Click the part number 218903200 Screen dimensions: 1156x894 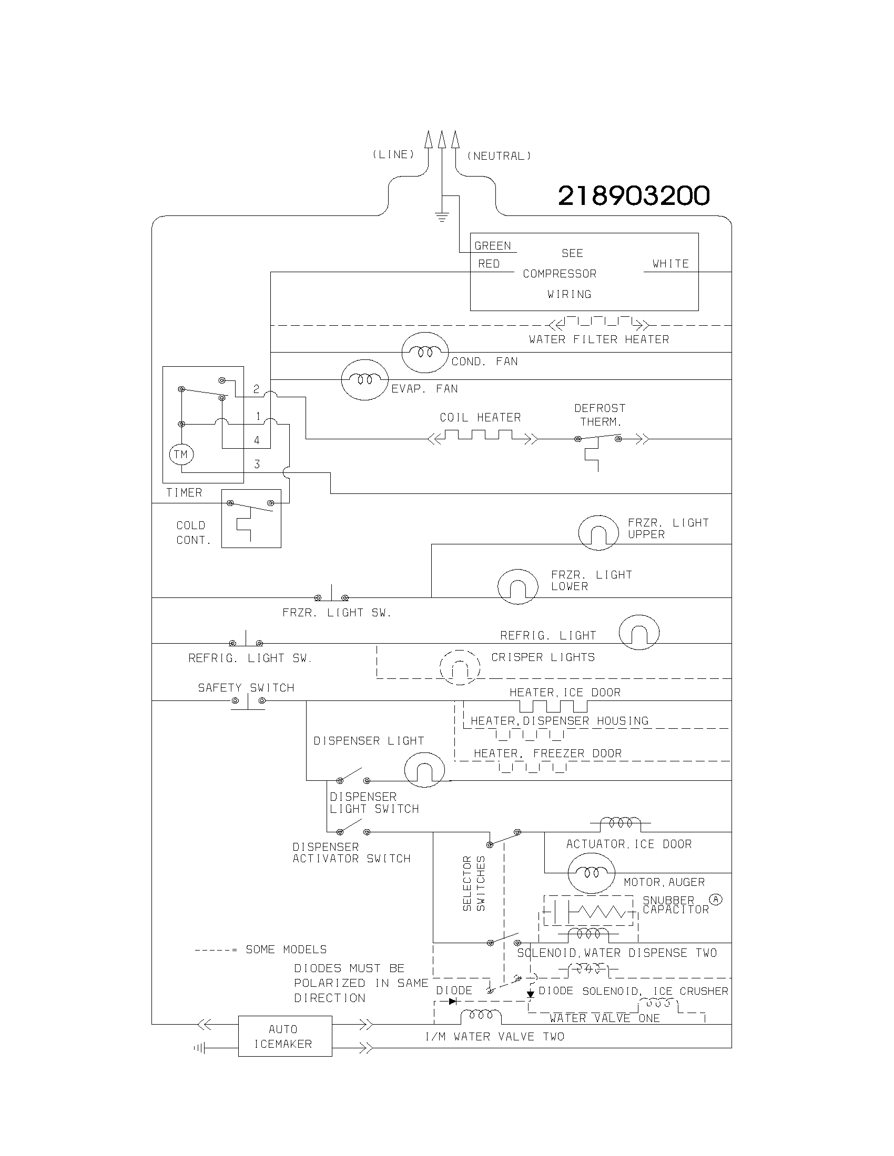click(x=634, y=196)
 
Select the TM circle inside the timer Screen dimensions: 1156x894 click(x=181, y=454)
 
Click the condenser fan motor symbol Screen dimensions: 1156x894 click(x=425, y=353)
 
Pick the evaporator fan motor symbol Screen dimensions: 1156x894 click(x=365, y=379)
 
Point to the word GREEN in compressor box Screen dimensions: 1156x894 click(x=493, y=245)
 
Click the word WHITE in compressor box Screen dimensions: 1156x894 click(x=670, y=264)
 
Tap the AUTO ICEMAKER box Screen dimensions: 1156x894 click(x=285, y=1036)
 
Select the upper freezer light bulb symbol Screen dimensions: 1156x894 click(x=598, y=532)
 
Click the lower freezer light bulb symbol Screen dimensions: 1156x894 click(x=518, y=586)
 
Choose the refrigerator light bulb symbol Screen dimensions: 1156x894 click(x=639, y=632)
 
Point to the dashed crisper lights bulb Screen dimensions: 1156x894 click(x=460, y=667)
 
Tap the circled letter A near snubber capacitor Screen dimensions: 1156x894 click(x=716, y=899)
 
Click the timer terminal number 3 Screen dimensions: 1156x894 click(x=257, y=464)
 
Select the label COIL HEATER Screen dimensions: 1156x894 click(x=480, y=418)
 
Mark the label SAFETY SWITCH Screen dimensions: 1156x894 click(x=246, y=688)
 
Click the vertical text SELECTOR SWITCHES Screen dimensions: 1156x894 click(x=473, y=883)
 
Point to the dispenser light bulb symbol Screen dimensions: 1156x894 click(x=424, y=770)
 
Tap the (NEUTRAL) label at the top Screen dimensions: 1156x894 click(x=499, y=156)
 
